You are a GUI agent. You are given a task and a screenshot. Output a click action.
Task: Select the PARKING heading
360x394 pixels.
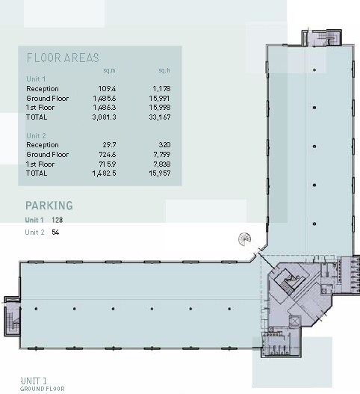[49, 205]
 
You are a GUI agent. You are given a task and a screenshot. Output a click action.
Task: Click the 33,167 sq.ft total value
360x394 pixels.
[161, 117]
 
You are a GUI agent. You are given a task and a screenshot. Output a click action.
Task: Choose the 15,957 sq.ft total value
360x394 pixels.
[161, 173]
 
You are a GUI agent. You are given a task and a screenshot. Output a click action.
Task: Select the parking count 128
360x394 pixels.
[58, 221]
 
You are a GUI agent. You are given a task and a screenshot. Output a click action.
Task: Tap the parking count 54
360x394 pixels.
[55, 233]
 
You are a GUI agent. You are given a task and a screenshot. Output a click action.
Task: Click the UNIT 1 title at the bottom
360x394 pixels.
[34, 381]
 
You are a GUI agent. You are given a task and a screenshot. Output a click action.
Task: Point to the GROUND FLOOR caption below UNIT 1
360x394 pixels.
[42, 389]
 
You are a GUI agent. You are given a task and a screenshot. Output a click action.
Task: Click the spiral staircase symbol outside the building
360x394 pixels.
[244, 239]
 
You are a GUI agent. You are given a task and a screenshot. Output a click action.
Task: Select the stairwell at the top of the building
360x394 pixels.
[323, 38]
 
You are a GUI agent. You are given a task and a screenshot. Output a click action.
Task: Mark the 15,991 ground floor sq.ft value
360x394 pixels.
[161, 98]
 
